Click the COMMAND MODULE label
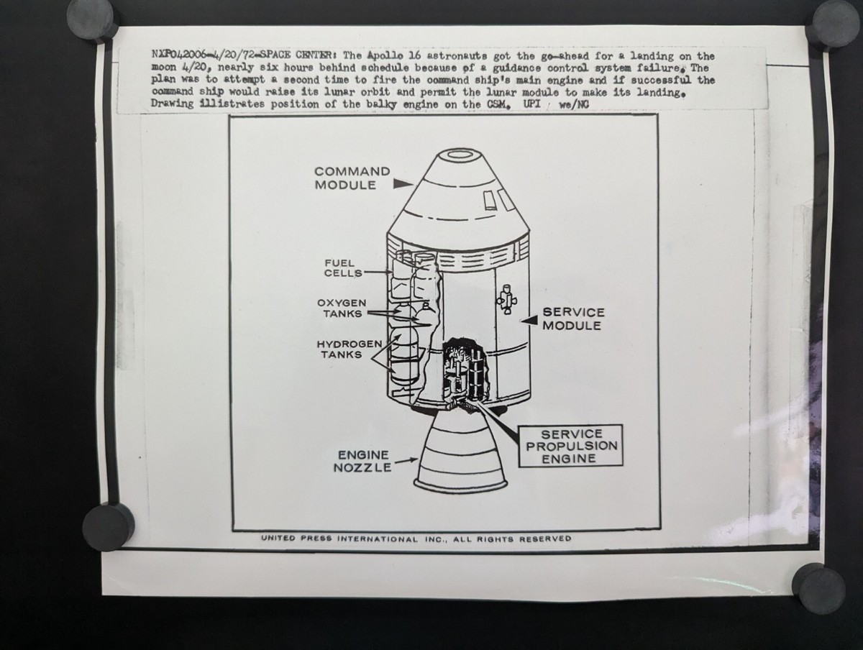coord(352,178)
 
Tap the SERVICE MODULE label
coord(573,319)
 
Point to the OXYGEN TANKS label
coord(342,308)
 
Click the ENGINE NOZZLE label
coord(363,462)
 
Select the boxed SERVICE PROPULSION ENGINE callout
coord(572,446)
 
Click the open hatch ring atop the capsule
coord(460,154)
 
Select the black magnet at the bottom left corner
coord(108,526)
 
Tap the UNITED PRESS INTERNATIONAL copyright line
coord(416,538)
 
